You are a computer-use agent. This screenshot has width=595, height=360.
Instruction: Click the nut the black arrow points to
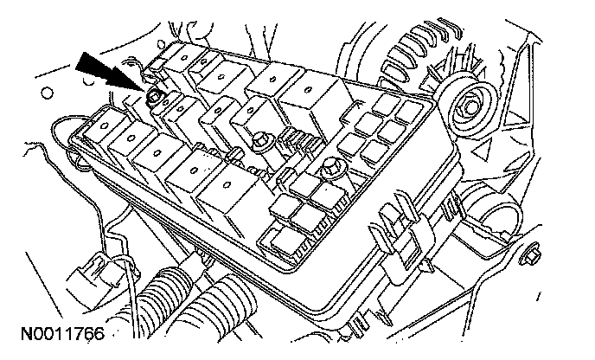[x=157, y=96]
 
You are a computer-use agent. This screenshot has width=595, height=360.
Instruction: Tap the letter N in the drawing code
[x=18, y=331]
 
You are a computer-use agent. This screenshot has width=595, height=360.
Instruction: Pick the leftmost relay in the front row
[x=104, y=130]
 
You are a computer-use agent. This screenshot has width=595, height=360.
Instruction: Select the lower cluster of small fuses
[x=303, y=208]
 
